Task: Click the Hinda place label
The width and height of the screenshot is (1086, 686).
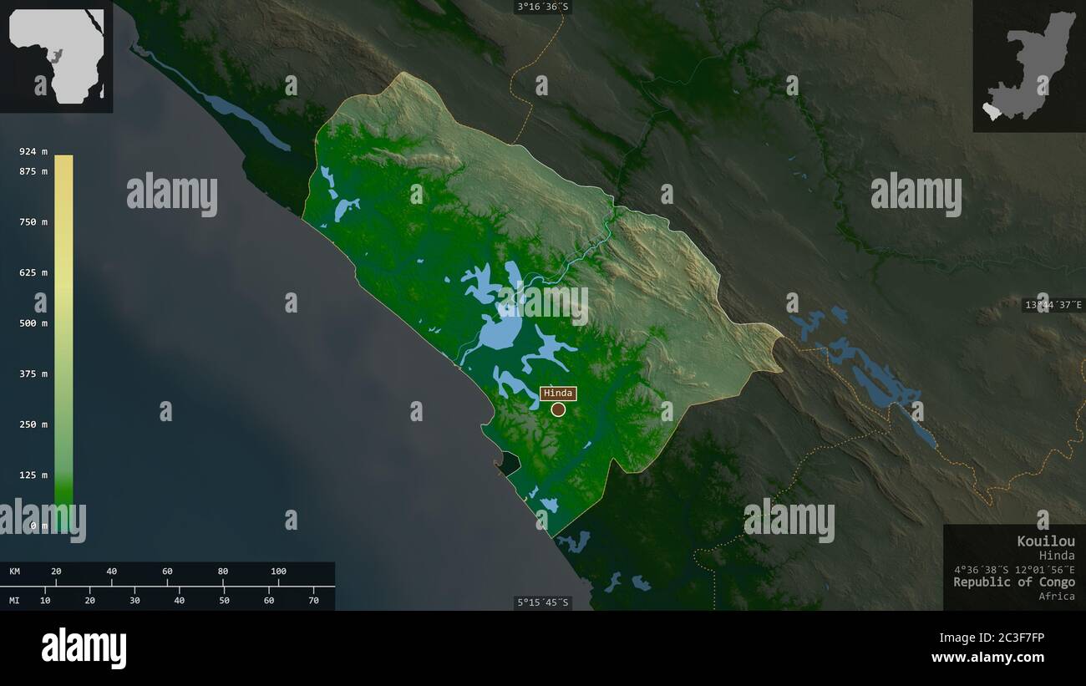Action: click(x=558, y=394)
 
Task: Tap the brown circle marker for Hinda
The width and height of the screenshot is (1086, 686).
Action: click(x=558, y=409)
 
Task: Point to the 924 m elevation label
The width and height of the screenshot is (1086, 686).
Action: click(x=33, y=151)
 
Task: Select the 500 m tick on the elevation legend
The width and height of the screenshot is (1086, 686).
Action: click(x=33, y=323)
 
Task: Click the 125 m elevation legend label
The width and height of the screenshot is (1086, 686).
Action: click(x=33, y=475)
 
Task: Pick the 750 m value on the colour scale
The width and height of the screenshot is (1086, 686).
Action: click(x=33, y=222)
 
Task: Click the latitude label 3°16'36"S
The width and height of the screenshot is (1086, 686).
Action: click(x=542, y=7)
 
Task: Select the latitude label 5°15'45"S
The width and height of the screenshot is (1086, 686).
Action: click(x=542, y=602)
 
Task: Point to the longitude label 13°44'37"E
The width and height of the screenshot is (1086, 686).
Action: click(x=1053, y=305)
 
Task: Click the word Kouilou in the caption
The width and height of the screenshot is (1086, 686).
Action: click(x=1046, y=541)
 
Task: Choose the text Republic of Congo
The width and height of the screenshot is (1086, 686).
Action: click(x=1014, y=582)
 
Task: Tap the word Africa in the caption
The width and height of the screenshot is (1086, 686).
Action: click(x=1057, y=596)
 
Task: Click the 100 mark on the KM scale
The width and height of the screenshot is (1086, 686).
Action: click(x=278, y=572)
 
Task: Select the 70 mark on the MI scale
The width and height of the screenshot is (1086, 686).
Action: click(x=313, y=600)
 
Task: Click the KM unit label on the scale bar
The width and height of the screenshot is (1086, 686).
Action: click(x=15, y=572)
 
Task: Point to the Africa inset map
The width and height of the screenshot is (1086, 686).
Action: click(x=57, y=56)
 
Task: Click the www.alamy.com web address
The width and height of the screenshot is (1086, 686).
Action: click(x=987, y=658)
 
